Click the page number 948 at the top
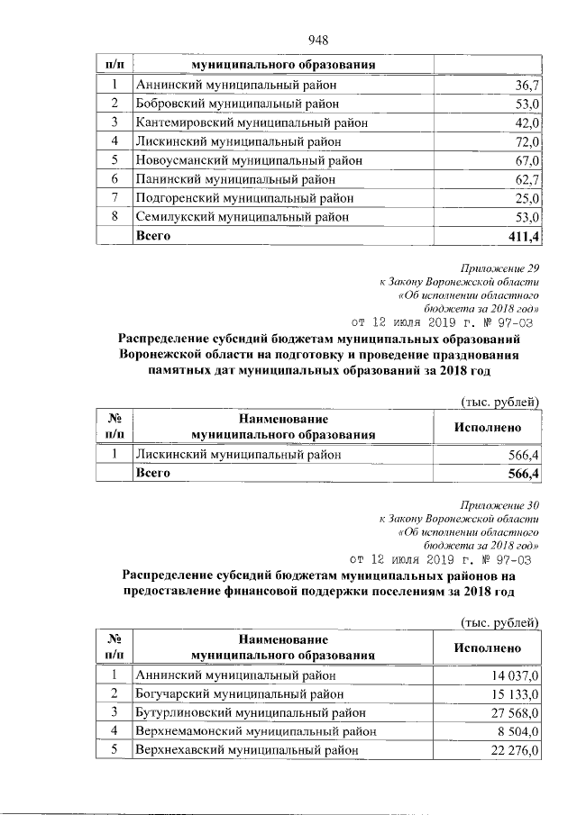316,39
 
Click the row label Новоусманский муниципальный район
248,160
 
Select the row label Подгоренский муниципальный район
243,198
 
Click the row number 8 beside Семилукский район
115,217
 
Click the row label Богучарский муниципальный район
239,693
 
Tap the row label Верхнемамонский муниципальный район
254,731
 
